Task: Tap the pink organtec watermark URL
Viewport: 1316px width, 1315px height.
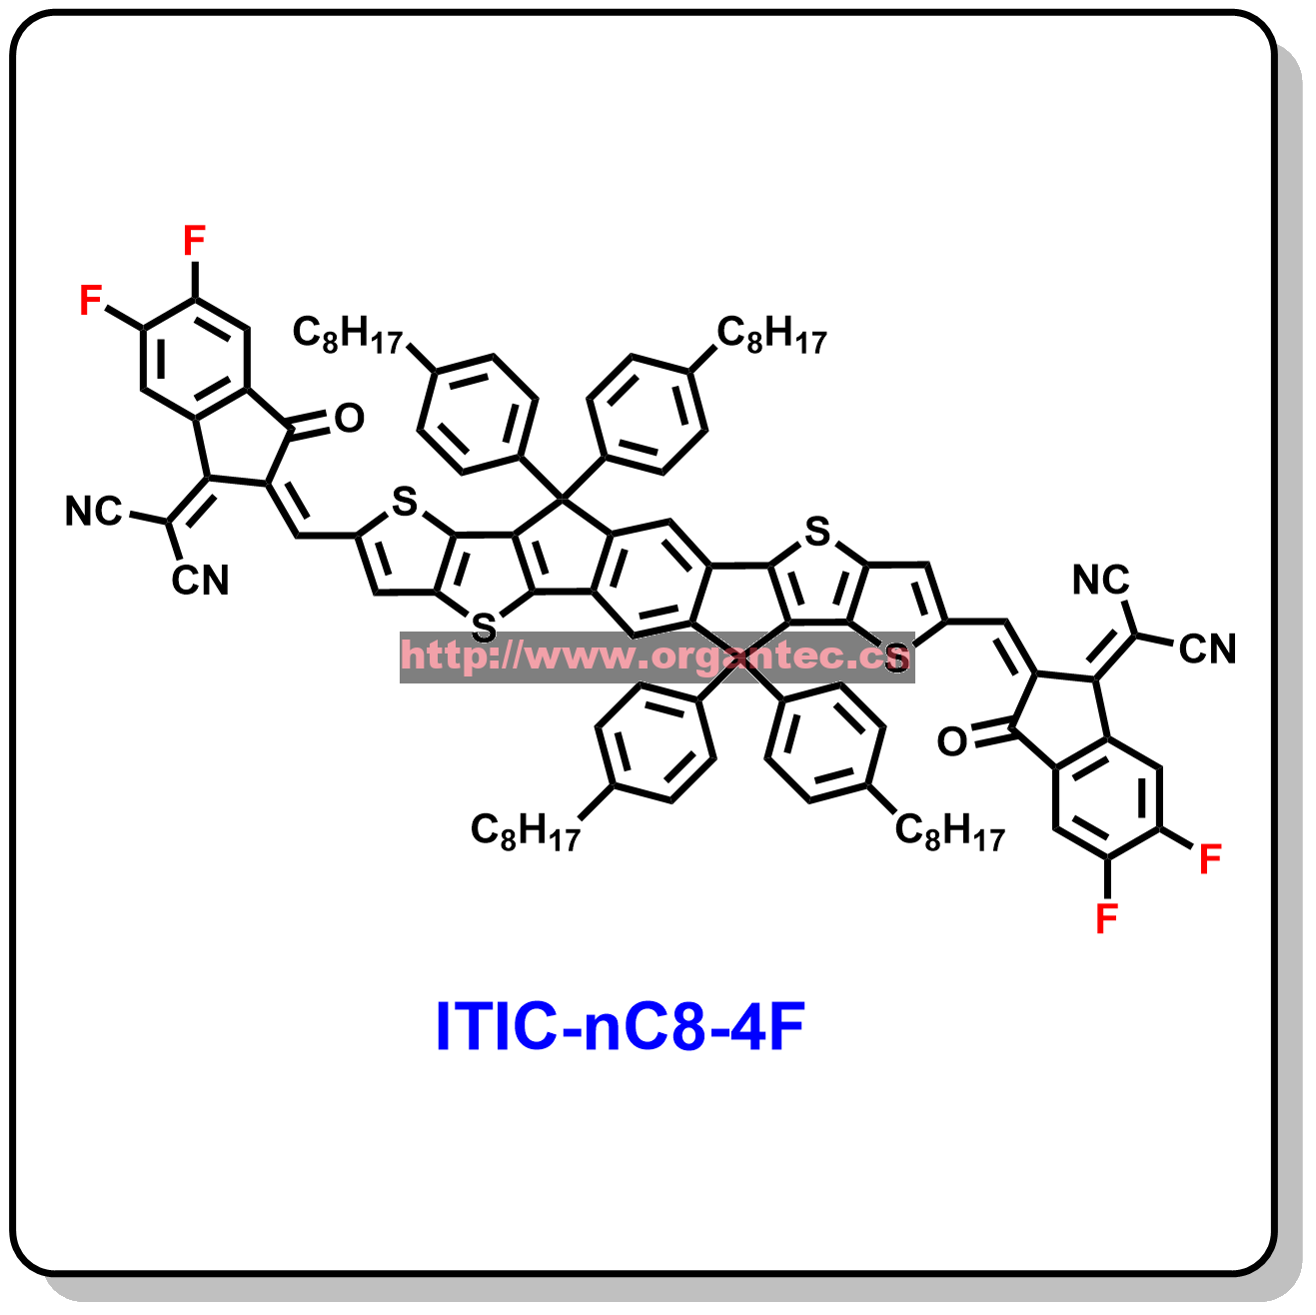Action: pyautogui.click(x=657, y=657)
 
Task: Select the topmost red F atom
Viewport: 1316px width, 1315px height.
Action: pyautogui.click(x=195, y=241)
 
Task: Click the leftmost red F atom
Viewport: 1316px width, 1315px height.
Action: pyautogui.click(x=90, y=300)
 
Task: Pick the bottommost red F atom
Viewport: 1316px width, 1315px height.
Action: pyautogui.click(x=1106, y=917)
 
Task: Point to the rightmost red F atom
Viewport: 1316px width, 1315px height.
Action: pyautogui.click(x=1210, y=858)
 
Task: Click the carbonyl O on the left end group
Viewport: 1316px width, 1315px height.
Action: pyautogui.click(x=349, y=418)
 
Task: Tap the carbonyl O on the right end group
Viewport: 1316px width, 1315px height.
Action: pyautogui.click(x=952, y=741)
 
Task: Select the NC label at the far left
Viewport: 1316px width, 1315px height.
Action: pyautogui.click(x=94, y=511)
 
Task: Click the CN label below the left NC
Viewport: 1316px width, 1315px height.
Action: pyautogui.click(x=200, y=581)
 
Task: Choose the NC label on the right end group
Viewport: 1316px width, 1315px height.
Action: pyautogui.click(x=1101, y=580)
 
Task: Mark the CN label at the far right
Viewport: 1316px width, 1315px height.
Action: pyautogui.click(x=1207, y=649)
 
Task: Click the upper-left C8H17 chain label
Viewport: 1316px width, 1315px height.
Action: pyautogui.click(x=348, y=334)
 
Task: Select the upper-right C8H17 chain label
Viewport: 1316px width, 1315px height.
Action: pyautogui.click(x=771, y=334)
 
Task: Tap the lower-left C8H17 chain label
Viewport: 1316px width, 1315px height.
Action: pyautogui.click(x=526, y=830)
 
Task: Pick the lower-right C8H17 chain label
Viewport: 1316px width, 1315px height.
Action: pyautogui.click(x=950, y=830)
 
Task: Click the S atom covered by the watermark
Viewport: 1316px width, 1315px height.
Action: pyautogui.click(x=896, y=657)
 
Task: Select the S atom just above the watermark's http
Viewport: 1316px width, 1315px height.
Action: pyautogui.click(x=484, y=628)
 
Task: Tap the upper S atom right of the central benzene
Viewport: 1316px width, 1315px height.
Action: pyautogui.click(x=817, y=532)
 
